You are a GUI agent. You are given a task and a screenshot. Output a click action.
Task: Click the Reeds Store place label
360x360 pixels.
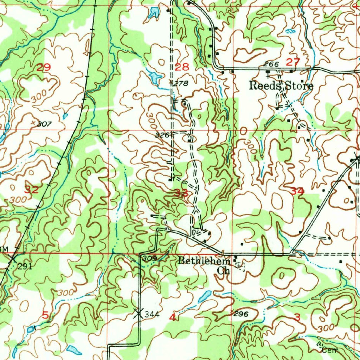click(x=281, y=86)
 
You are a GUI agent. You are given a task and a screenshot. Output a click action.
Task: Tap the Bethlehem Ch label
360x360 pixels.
click(x=204, y=265)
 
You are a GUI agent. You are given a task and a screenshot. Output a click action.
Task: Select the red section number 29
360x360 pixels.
click(x=44, y=67)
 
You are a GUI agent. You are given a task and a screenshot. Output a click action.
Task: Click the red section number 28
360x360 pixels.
click(x=182, y=67)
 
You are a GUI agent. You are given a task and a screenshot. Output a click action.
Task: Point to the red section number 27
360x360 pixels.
click(x=292, y=62)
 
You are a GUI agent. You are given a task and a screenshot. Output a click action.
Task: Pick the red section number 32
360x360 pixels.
click(x=31, y=190)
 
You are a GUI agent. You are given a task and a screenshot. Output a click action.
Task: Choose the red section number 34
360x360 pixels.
click(x=297, y=191)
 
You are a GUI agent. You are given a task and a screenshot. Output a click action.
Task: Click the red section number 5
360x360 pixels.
click(x=45, y=315)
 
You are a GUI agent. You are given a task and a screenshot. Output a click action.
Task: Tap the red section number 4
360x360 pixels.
click(x=172, y=317)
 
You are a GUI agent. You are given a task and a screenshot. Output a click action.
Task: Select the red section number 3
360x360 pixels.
click(x=297, y=317)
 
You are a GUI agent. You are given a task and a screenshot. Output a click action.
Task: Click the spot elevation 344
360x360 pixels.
click(x=152, y=314)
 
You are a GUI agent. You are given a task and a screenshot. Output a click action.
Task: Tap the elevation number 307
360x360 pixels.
click(x=45, y=124)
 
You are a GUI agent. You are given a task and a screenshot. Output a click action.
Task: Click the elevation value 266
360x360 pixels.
click(x=271, y=64)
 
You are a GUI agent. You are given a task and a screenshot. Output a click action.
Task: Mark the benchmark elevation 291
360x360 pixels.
click(x=25, y=266)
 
